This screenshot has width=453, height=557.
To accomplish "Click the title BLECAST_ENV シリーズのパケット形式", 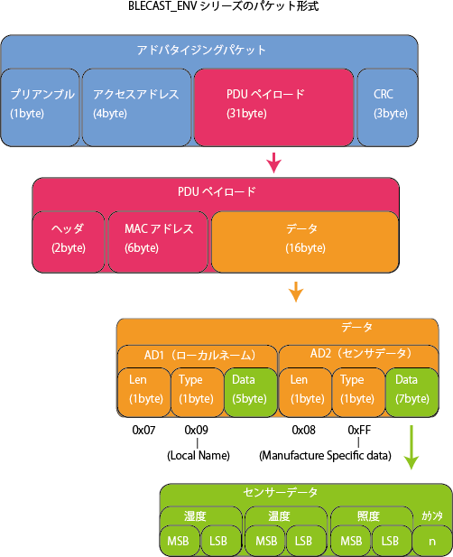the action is pos(223,6).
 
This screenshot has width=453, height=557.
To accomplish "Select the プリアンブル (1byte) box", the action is pos(40,107).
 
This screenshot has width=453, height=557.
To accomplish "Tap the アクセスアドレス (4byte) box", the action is pos(136,107).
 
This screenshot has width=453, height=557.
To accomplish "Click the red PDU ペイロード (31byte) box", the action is pos(273,107).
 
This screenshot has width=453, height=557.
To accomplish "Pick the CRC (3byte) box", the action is pos(387,107).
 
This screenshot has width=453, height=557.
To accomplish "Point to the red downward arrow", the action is pos(273,163).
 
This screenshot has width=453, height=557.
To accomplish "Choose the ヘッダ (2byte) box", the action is pos(69,242).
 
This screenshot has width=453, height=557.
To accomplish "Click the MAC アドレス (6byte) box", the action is pos(158,242).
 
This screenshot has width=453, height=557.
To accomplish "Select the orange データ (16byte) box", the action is pos(305,242).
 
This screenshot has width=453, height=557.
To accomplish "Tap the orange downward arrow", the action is pos(296,292).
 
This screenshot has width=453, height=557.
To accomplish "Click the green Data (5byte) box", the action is pos(251,392).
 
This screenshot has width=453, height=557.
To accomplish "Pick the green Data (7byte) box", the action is pos(412,392).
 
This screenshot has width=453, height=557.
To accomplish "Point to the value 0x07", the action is pos(143,431).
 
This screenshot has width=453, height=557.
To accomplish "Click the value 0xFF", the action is pos(359,431).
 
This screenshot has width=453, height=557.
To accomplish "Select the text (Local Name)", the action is pos(199,455).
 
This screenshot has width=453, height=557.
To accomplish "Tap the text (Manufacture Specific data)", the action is pos(325,455).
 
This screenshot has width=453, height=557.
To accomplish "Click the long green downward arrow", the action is pos(411,448).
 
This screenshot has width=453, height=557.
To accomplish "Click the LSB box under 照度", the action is pos(391,541).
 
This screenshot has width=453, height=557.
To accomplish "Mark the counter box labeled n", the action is pos(432,541).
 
